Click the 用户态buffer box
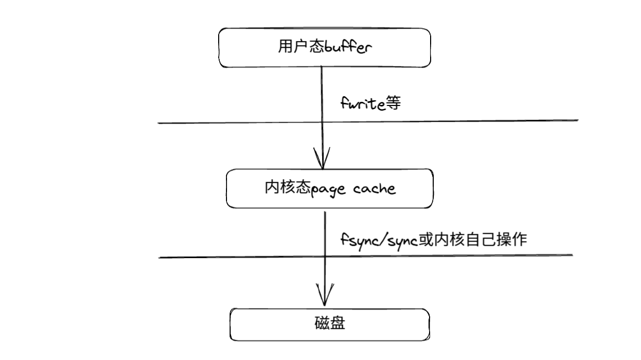pyautogui.click(x=325, y=47)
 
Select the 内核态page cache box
pyautogui.click(x=330, y=188)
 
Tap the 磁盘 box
pyautogui.click(x=330, y=325)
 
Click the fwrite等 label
pyautogui.click(x=370, y=104)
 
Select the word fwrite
pyautogui.click(x=362, y=104)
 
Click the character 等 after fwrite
pyautogui.click(x=393, y=104)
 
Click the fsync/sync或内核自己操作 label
pyautogui.click(x=434, y=240)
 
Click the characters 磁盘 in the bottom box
pyautogui.click(x=330, y=325)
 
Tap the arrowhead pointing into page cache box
pyautogui.click(x=322, y=160)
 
